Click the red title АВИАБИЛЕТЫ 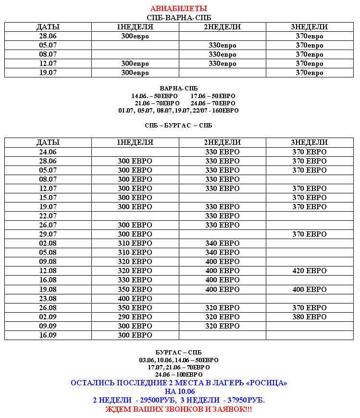pyautogui.click(x=179, y=9)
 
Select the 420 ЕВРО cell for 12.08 pyautogui.click(x=309, y=271)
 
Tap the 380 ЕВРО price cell pyautogui.click(x=309, y=317)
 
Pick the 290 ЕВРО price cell pyautogui.click(x=135, y=317)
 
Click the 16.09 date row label pyautogui.click(x=48, y=335)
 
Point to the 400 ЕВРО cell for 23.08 pyautogui.click(x=135, y=299)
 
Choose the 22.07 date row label pyautogui.click(x=48, y=216)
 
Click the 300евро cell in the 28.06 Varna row pyautogui.click(x=135, y=36)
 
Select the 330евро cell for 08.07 pyautogui.click(x=223, y=54)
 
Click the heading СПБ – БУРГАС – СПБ pyautogui.click(x=178, y=126)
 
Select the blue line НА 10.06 pyautogui.click(x=179, y=392)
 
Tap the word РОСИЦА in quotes pyautogui.click(x=267, y=383)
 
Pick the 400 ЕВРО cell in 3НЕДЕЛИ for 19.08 pyautogui.click(x=309, y=290)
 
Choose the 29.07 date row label pyautogui.click(x=48, y=234)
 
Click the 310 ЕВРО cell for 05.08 pyautogui.click(x=135, y=253)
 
